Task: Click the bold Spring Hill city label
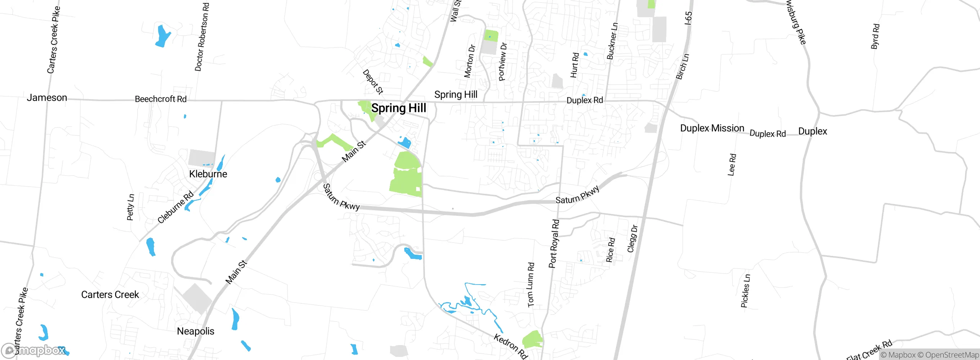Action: (399, 108)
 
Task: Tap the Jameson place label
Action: (47, 98)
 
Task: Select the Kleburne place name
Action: (208, 174)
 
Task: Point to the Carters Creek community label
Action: (110, 295)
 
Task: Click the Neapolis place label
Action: (195, 331)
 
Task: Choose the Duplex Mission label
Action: (712, 128)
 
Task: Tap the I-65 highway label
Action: (688, 18)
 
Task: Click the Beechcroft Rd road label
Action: (160, 99)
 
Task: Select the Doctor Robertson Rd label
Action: (202, 37)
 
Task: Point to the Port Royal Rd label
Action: (554, 244)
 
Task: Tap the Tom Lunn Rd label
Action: (531, 285)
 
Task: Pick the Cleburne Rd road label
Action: (176, 207)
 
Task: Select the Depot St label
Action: (372, 82)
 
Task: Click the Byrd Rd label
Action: (875, 37)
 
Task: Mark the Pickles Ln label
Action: (745, 291)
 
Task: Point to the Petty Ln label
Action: (131, 207)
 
